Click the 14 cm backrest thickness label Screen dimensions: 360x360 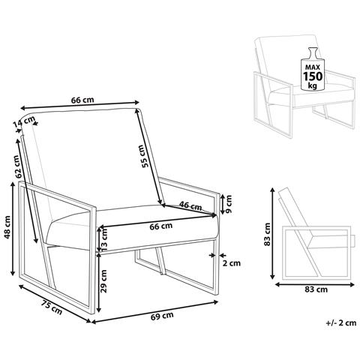tap(24, 121)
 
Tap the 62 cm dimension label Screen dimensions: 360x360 tap(16, 166)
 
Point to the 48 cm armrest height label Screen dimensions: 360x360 tap(8, 227)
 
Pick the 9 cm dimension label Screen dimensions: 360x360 tap(227, 204)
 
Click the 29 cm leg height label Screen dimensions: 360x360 tap(103, 281)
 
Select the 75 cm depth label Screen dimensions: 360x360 tap(52, 307)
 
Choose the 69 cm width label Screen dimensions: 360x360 tap(162, 316)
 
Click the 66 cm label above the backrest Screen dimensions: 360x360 tap(82, 100)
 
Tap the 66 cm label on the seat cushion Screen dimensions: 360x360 tap(161, 226)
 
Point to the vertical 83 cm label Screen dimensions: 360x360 tap(268, 234)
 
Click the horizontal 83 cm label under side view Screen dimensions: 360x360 tap(316, 289)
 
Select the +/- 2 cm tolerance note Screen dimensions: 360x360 tap(341, 322)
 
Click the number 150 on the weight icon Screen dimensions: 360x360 tap(313, 76)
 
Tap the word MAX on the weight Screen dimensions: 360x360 tap(313, 67)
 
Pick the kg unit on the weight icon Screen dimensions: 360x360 tap(313, 85)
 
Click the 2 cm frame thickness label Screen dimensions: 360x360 tap(232, 262)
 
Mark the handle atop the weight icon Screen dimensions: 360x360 tap(313, 53)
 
